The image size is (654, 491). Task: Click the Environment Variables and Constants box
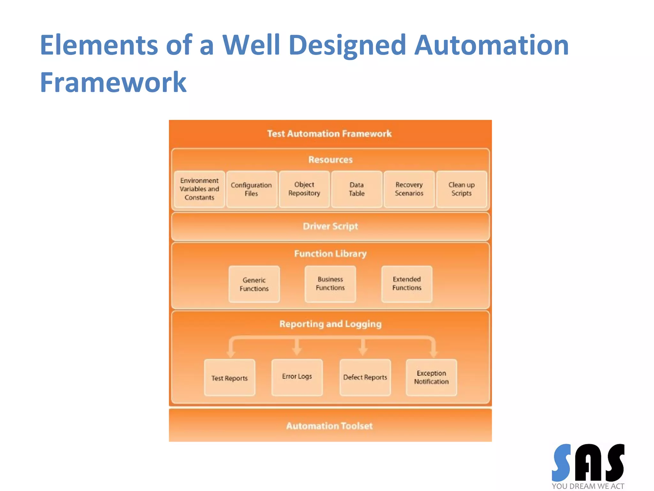pyautogui.click(x=200, y=189)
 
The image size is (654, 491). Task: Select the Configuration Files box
pyautogui.click(x=251, y=189)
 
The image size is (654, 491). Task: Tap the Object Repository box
pyautogui.click(x=304, y=189)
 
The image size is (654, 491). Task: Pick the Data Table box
pyautogui.click(x=356, y=189)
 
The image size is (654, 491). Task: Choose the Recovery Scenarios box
pyautogui.click(x=409, y=189)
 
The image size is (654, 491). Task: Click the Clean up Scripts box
pyautogui.click(x=461, y=189)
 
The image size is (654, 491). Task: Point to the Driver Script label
pyautogui.click(x=330, y=226)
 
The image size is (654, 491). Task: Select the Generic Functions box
pyautogui.click(x=254, y=284)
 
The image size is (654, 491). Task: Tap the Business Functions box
pyautogui.click(x=330, y=284)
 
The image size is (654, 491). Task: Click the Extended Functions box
pyautogui.click(x=407, y=284)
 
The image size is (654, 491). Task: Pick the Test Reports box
pyautogui.click(x=230, y=378)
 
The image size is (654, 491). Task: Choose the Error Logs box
pyautogui.click(x=297, y=377)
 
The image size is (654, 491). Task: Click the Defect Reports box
pyautogui.click(x=365, y=378)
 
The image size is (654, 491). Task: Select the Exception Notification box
pyautogui.click(x=431, y=378)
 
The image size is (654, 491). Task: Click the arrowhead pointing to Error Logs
pyautogui.click(x=297, y=351)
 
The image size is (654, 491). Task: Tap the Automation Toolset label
pyautogui.click(x=329, y=426)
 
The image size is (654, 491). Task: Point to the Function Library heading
pyautogui.click(x=330, y=254)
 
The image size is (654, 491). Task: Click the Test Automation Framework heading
pyautogui.click(x=329, y=134)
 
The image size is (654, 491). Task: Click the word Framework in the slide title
pyautogui.click(x=113, y=82)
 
